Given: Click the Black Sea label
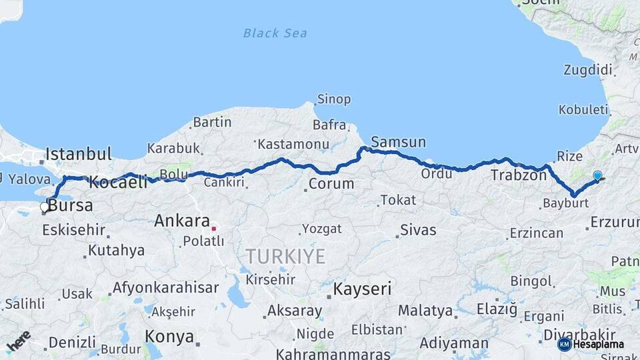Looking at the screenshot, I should (x=275, y=33).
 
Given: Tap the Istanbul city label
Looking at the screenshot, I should (x=79, y=155).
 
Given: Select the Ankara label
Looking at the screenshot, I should (x=182, y=221).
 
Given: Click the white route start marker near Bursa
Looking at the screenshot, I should (x=45, y=207).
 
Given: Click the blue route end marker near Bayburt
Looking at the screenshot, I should (x=597, y=176).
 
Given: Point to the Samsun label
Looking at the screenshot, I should (x=398, y=142).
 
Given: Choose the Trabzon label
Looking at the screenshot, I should (x=519, y=176).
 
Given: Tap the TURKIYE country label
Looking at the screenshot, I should (x=285, y=256).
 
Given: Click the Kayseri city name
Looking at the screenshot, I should (x=362, y=289).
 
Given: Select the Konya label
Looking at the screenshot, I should (x=169, y=336).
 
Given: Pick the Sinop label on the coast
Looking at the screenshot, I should (x=334, y=99).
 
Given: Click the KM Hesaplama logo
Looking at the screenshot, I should (x=591, y=344).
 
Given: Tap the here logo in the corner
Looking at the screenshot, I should (x=19, y=341).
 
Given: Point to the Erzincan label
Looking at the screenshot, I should (x=537, y=233).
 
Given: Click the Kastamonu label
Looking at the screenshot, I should (x=293, y=144).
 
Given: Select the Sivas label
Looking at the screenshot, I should (x=418, y=231).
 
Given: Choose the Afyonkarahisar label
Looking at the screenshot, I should (x=165, y=288).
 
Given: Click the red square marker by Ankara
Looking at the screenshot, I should (x=214, y=228).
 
